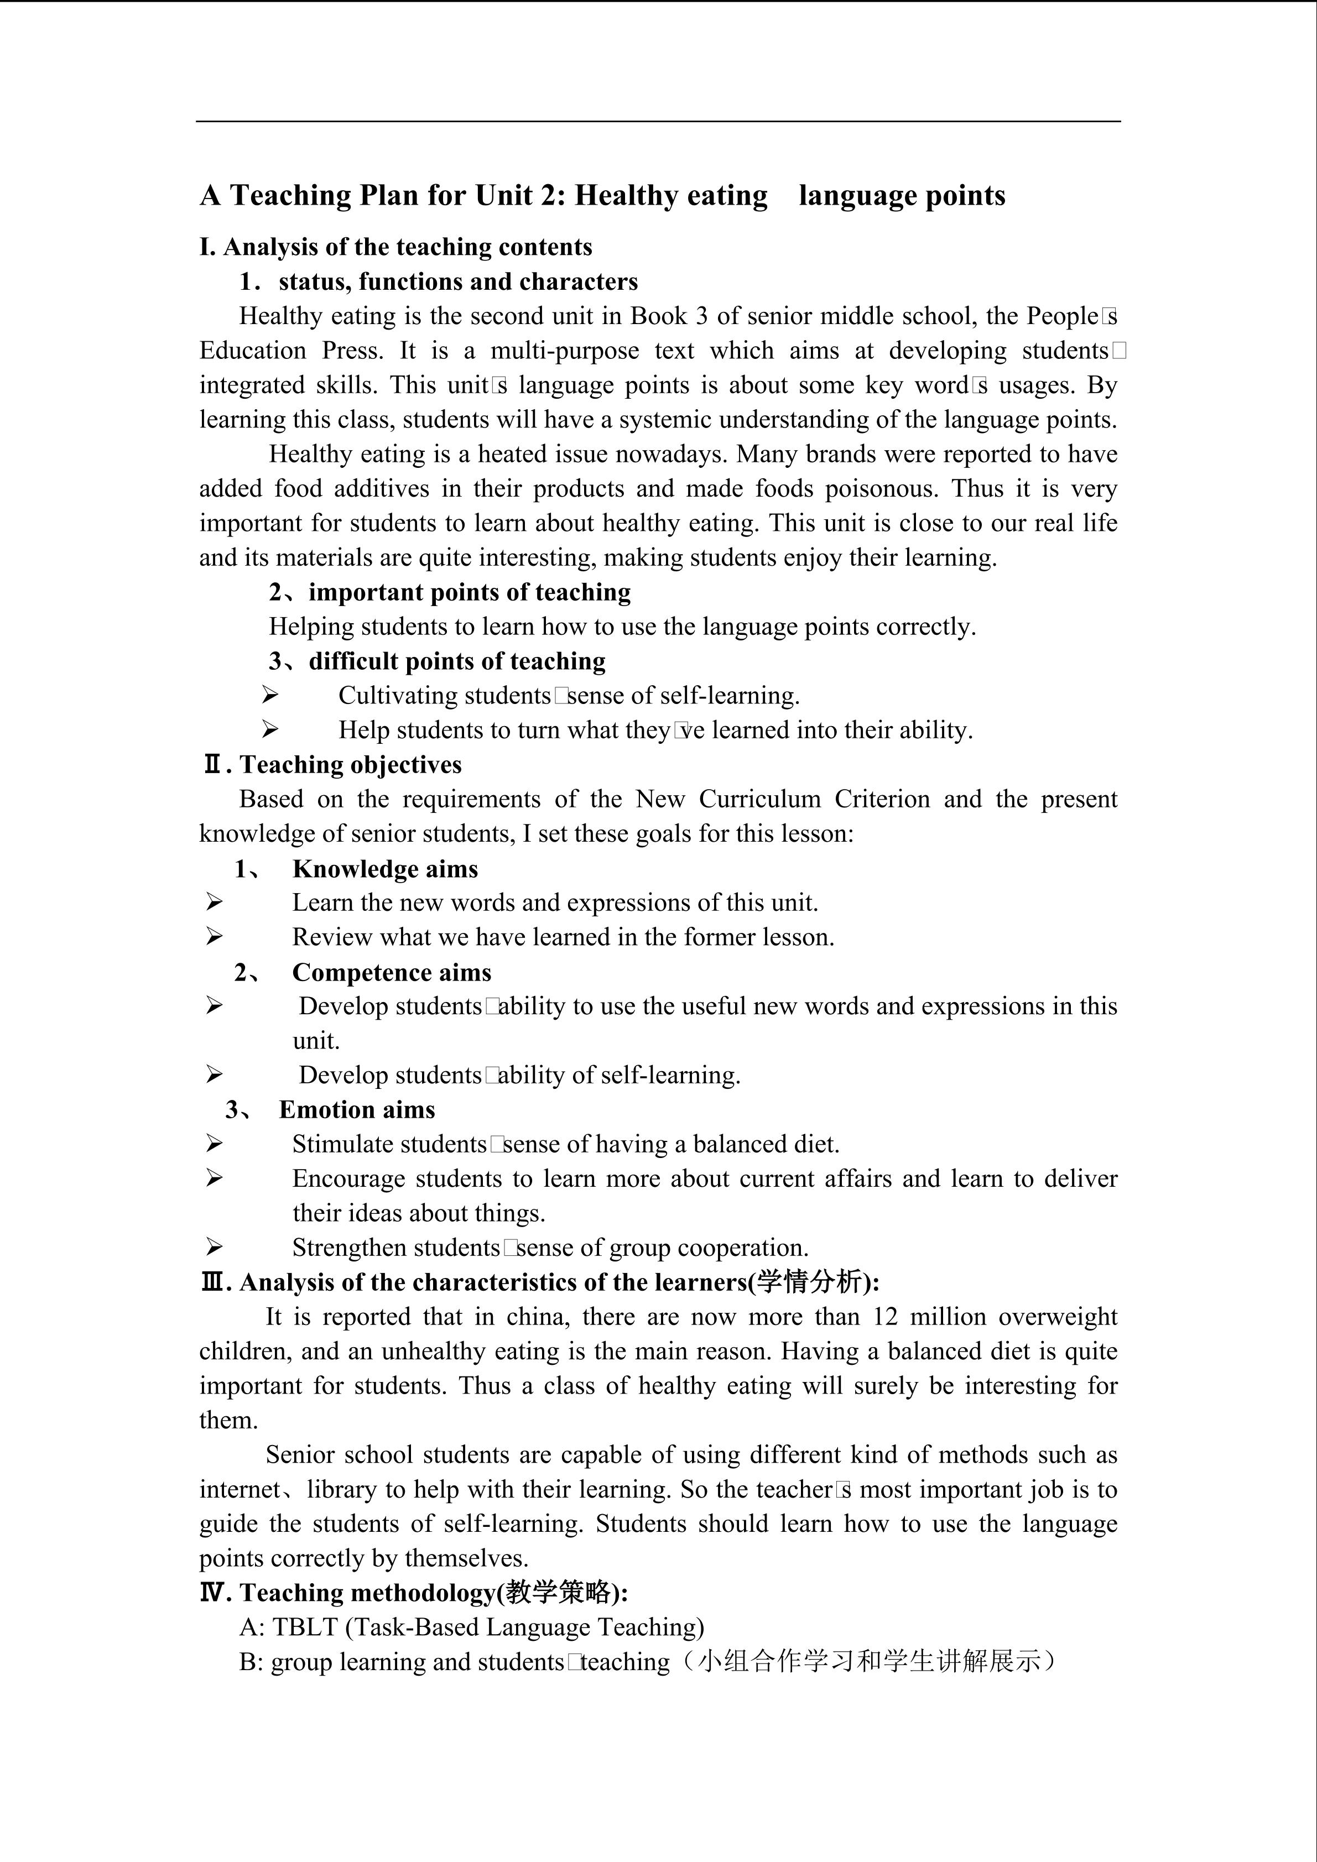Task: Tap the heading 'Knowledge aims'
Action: [385, 869]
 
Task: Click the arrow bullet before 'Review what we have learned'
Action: [214, 937]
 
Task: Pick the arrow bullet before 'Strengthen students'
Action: [214, 1246]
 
